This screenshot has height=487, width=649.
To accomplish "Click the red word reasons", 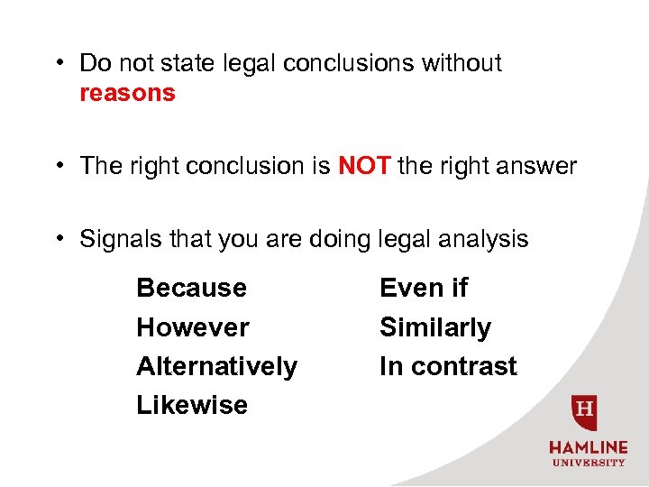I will pos(127,94).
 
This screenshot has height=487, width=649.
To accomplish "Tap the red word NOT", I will pos(364,166).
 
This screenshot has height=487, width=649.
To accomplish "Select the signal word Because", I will pos(191,288).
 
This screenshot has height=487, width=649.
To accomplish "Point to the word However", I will pos(193,327).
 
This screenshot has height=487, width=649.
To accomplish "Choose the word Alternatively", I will pos(216,366).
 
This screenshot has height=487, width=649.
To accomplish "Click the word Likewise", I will pos(191,406).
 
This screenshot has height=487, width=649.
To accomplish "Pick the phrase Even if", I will pos(424,288).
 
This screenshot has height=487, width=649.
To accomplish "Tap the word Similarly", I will pos(435,327).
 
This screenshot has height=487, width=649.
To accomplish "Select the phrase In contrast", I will pos(448,366).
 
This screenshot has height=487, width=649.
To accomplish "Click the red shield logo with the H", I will pos(586,412).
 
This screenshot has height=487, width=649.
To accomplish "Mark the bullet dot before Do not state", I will pos(57,64).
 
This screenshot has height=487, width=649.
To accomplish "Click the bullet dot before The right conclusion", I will pos(57,167).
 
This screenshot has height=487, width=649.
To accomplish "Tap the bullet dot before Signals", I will pos(57,240).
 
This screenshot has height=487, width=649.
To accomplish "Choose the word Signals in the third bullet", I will pos(114,239).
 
